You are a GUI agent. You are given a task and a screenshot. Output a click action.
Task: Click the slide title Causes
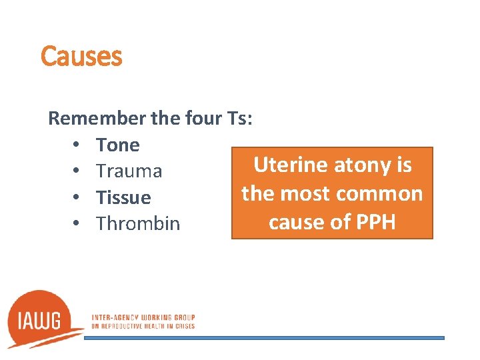81,57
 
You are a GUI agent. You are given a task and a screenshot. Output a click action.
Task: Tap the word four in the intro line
201,119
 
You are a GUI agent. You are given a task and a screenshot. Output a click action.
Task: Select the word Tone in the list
118,145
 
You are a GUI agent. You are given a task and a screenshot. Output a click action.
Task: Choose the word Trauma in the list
129,171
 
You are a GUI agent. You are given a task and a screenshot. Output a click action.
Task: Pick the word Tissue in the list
123,197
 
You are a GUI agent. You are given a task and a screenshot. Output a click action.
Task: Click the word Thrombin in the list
138,223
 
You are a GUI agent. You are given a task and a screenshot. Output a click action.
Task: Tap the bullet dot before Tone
77,145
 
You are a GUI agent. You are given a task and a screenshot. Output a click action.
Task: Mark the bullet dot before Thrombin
77,223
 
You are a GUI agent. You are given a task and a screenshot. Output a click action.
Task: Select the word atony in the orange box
359,165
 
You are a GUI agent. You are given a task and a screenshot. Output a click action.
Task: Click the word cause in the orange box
298,222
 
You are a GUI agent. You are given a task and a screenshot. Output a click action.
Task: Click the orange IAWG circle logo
43,319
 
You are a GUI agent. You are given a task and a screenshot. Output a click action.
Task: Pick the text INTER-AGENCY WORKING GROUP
143,317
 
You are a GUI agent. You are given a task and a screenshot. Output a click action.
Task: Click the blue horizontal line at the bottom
264,338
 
